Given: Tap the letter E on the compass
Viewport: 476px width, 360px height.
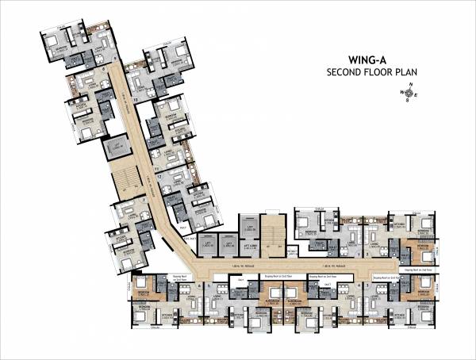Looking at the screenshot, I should click(x=417, y=95).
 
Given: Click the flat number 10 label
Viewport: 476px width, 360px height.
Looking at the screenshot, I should click(x=136, y=101).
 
